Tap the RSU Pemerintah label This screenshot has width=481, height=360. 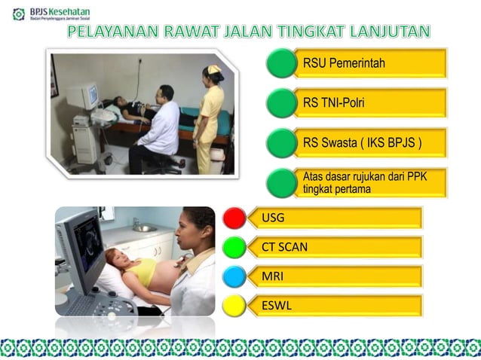pos(344,63)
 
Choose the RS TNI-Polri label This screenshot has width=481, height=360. pos(333,102)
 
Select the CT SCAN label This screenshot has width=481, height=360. pos(284,247)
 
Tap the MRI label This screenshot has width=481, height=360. pos(272,276)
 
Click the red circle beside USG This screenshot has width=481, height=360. pos(234,218)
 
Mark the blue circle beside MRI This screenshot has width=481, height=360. pos(234,276)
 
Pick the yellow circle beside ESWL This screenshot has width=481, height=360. pos(234,306)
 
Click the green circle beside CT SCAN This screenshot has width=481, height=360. pos(234,247)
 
